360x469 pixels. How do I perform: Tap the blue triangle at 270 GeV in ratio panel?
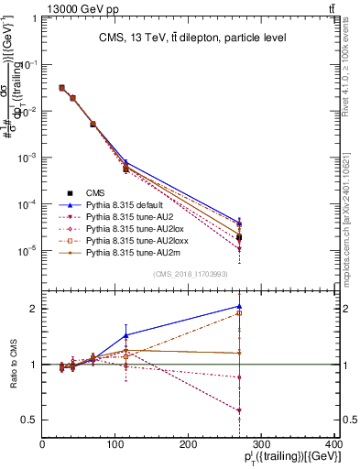[239, 307]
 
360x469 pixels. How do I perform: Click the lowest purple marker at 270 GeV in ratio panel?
[239, 410]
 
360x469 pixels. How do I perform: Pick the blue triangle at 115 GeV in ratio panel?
[126, 335]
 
